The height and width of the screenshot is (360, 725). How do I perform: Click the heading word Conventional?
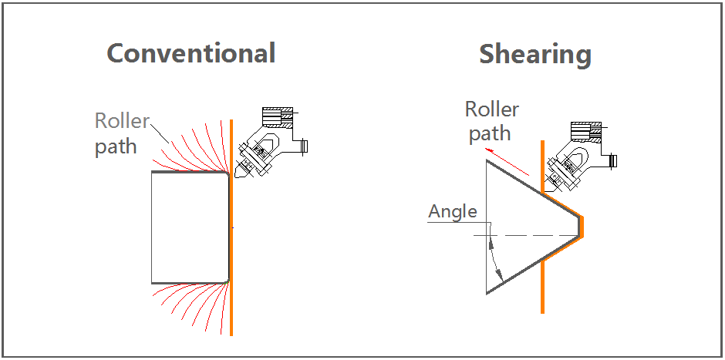coord(191,53)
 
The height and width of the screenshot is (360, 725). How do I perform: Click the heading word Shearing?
coord(535,55)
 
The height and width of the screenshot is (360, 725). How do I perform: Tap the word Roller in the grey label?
coord(121,121)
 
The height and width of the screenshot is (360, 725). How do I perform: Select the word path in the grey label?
coord(116,146)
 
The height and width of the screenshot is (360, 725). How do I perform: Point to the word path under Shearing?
coord(490,133)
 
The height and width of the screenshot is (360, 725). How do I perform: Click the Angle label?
coord(453,211)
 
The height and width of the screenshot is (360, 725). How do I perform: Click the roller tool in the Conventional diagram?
coord(251,158)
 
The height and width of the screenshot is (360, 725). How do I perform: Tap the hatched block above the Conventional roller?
coord(278,116)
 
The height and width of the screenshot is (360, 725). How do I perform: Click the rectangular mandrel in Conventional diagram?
coord(190,227)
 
